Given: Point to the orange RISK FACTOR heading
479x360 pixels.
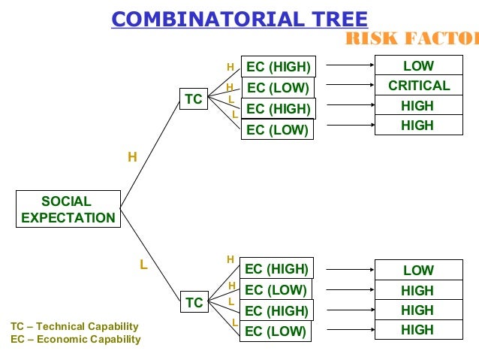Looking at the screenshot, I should [411, 39].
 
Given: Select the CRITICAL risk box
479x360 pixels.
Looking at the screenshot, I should [419, 86].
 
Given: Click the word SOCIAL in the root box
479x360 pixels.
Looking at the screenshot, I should [66, 201].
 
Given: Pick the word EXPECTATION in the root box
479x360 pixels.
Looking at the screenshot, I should [68, 218].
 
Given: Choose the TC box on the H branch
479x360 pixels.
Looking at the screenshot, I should [194, 99].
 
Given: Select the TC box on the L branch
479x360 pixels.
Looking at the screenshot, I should [194, 303].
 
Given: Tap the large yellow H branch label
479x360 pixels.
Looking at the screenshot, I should [132, 157].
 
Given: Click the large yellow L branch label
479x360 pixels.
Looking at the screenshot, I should [143, 265].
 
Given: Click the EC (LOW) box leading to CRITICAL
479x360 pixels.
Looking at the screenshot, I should [278, 88].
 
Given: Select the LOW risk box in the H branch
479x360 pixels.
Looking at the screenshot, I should [419, 66].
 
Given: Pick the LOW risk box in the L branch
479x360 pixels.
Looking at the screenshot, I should [419, 271].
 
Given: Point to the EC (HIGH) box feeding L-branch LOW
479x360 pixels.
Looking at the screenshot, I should [277, 269].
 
